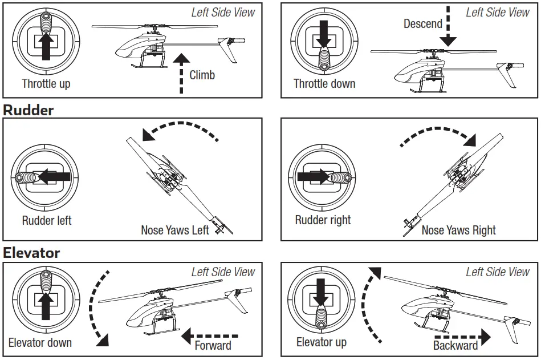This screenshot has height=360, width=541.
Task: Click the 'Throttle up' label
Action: click(46, 84)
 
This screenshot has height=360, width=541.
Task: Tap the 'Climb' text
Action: click(202, 75)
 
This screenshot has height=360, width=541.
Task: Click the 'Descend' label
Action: click(422, 23)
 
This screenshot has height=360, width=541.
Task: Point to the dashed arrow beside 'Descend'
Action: click(448, 26)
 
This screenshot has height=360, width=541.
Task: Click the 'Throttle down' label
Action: click(324, 84)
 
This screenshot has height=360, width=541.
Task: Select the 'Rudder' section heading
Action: click(29, 110)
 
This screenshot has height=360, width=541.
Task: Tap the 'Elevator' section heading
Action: click(31, 252)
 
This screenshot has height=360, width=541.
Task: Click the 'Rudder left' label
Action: click(47, 220)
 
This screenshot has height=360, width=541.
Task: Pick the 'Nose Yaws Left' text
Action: click(175, 230)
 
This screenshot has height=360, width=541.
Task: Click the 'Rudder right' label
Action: click(323, 220)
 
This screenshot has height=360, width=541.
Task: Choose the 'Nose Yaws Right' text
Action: click(458, 230)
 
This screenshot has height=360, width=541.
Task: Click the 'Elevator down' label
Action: click(40, 343)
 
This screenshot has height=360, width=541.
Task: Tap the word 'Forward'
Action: click(213, 345)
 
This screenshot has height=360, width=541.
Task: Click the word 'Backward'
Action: click(455, 345)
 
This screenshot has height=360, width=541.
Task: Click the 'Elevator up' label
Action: click(321, 342)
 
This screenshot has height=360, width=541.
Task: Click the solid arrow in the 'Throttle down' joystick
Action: click(323, 36)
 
